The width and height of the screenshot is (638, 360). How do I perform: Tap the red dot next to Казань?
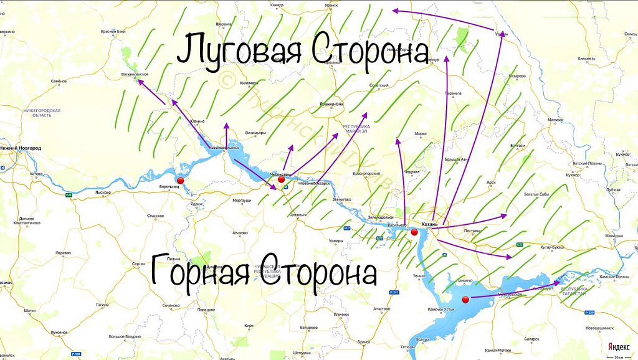414,232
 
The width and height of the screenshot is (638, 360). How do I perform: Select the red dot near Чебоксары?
282,180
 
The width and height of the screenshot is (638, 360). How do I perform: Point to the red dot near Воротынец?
181,181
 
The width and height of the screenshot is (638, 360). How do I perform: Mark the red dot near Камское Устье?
465,300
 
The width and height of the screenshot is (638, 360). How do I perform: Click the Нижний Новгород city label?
21,148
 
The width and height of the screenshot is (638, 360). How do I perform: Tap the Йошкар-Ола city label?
331,103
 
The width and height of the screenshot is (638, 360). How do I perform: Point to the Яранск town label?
331,5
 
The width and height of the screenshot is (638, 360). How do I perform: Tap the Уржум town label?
501,34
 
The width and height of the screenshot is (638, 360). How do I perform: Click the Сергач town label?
138,264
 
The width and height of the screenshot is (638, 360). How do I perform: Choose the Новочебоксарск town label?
315,184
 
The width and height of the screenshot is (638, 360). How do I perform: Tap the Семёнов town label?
59,81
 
